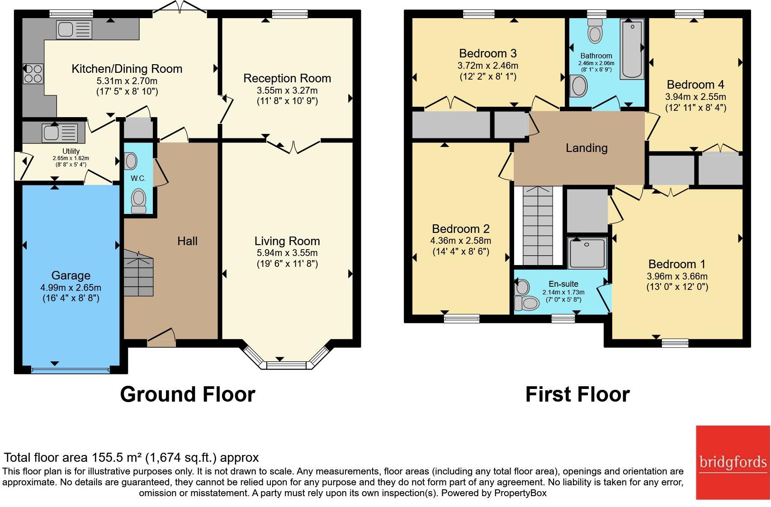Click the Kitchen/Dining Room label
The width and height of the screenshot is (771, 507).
click(x=127, y=69)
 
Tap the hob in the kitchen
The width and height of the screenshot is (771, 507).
click(x=33, y=74)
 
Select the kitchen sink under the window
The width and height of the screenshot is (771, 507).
click(x=74, y=29)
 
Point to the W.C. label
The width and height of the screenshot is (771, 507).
click(x=138, y=178)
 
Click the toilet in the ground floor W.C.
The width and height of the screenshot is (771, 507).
click(x=139, y=201)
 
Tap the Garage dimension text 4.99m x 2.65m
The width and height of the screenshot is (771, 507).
click(x=71, y=287)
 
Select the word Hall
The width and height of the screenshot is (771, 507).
click(x=187, y=241)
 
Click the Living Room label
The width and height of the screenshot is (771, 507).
click(x=287, y=241)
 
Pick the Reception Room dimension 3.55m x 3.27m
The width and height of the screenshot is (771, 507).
click(x=287, y=90)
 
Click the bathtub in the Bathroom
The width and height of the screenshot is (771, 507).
click(x=632, y=49)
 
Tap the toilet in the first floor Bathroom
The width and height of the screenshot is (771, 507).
click(x=595, y=31)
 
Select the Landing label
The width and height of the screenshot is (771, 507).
click(x=587, y=148)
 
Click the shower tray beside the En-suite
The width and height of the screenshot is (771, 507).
click(x=587, y=253)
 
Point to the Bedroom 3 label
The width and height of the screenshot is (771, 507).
click(x=488, y=53)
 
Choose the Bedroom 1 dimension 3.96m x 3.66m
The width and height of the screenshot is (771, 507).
click(x=677, y=276)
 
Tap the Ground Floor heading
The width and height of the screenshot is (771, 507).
click(x=188, y=394)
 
